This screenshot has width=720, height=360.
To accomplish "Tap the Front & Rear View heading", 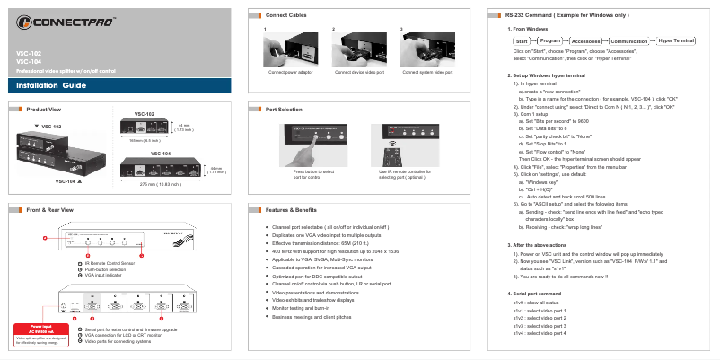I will point(49,209).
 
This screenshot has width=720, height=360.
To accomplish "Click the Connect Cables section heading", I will point(288,16).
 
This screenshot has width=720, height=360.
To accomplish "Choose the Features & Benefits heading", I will point(292,209).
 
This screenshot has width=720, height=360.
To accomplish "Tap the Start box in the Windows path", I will point(520,41).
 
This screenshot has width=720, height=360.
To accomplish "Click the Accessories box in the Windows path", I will point(586,41).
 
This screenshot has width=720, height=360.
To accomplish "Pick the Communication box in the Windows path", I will point(628,41).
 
